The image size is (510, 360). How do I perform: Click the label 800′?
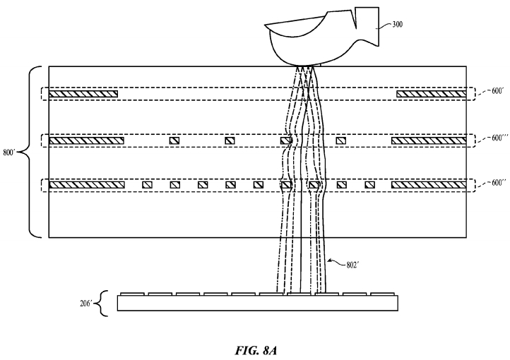(11, 151)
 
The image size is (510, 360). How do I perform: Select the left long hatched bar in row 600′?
(83, 94)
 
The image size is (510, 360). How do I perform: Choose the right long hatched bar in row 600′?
(431, 94)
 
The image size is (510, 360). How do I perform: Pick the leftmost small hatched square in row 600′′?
(147, 185)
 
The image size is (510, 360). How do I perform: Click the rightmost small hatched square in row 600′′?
(369, 185)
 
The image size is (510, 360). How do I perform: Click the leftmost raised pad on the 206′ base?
(133, 292)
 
